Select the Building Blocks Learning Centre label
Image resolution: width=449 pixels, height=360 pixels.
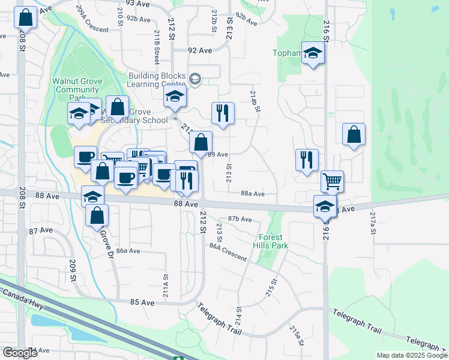pos(157,80)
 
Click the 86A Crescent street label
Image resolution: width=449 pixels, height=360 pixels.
pos(228,251)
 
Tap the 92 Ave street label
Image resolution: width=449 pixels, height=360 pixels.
pos(200,51)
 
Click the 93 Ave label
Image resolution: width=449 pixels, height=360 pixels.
pos(139,4)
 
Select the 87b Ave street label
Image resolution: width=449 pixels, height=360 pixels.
pos(240,219)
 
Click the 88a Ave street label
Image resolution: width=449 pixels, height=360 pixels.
pos(253,193)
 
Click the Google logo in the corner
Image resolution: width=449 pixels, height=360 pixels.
pos(20,353)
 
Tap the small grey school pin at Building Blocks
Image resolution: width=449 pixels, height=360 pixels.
pos(194,79)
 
